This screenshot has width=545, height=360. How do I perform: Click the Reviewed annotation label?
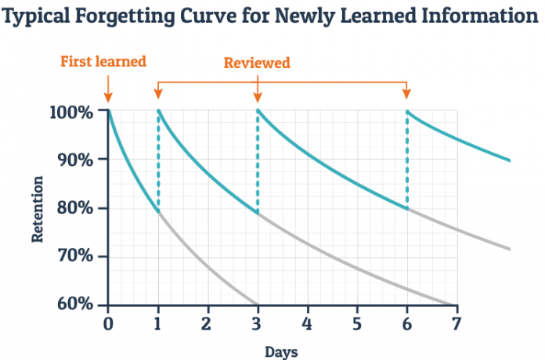257,63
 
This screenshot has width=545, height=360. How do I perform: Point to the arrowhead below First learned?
107,99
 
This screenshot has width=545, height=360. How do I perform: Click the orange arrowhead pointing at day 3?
258,97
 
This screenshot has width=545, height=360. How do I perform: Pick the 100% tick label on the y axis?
75,111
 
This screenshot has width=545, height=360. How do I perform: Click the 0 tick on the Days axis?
108,322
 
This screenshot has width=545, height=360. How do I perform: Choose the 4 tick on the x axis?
307,322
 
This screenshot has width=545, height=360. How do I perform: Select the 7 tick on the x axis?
456,322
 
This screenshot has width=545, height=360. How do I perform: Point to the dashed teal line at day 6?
406,160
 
